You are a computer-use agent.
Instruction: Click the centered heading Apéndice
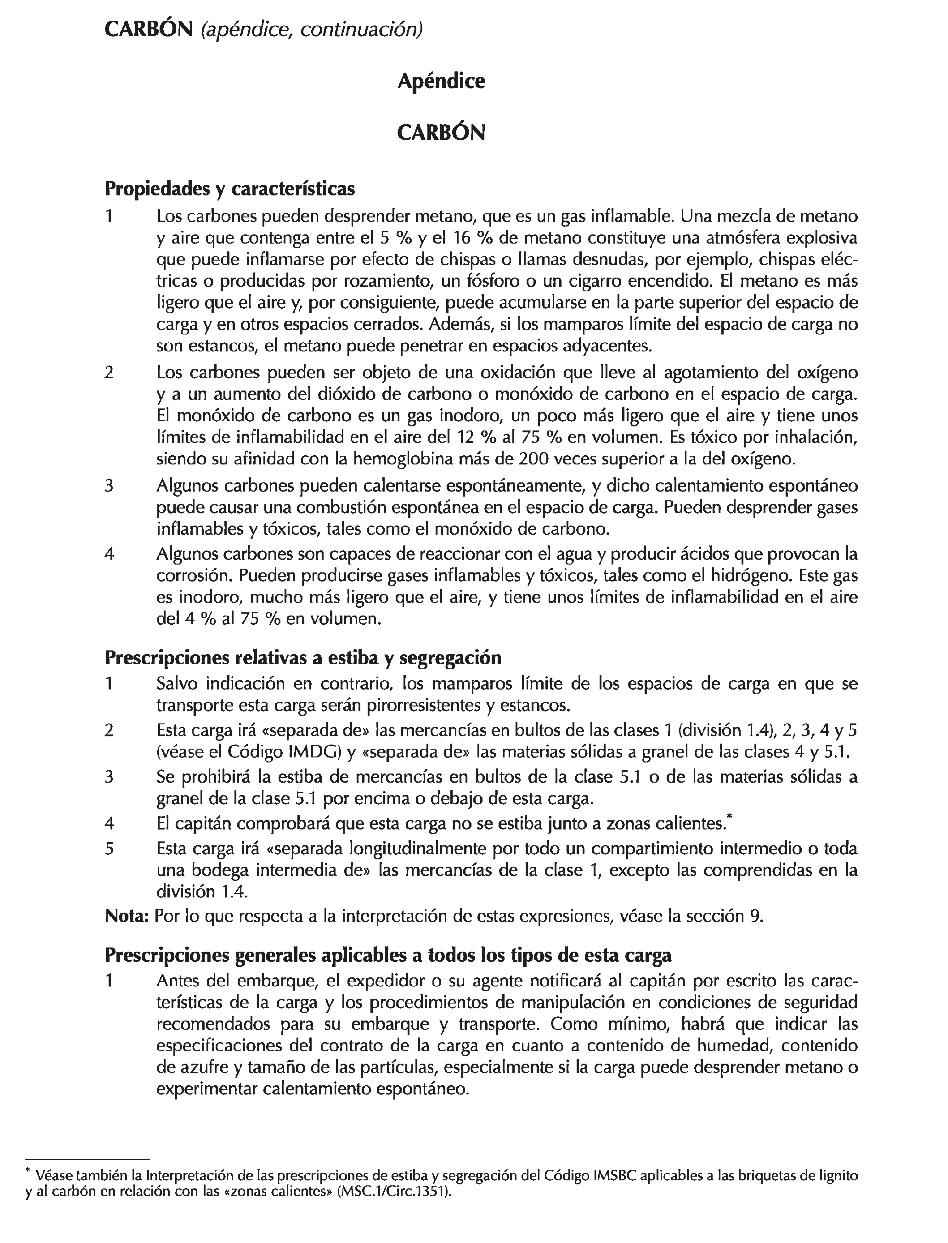[x=441, y=81]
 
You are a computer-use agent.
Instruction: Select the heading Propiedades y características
[x=230, y=189]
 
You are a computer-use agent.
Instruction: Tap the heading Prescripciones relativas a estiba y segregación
[x=303, y=657]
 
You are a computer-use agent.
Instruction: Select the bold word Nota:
[x=126, y=916]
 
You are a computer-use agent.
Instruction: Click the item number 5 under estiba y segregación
[x=109, y=849]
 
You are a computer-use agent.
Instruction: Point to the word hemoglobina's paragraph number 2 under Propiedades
[x=109, y=373]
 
